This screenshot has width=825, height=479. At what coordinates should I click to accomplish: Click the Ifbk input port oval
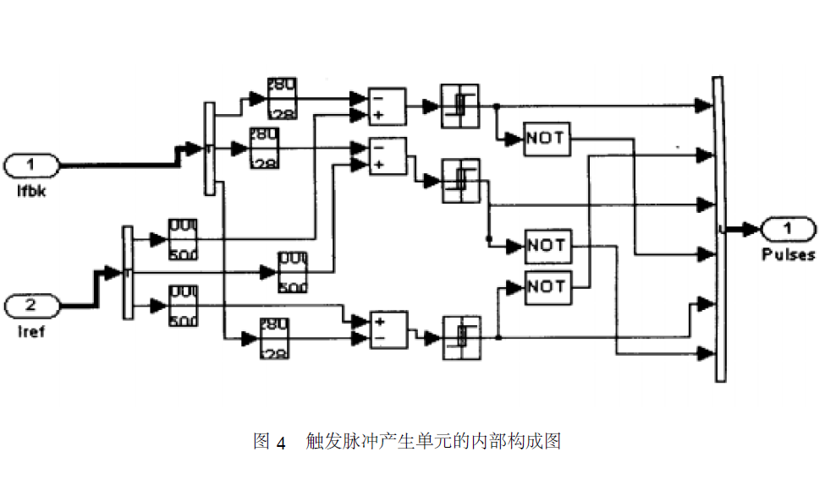coord(31,164)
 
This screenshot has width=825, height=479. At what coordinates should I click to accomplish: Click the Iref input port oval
coord(31,305)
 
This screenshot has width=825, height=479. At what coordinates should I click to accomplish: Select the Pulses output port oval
coord(788,227)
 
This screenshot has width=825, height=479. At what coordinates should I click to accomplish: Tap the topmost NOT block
coord(547,139)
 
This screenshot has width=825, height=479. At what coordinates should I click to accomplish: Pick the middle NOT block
coord(547,246)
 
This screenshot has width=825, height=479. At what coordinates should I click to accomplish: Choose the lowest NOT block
coord(547,287)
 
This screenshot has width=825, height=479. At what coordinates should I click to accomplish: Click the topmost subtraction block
coord(388,106)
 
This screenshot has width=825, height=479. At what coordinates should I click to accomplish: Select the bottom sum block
coord(388,329)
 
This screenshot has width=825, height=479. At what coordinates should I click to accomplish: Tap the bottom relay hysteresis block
coord(459,336)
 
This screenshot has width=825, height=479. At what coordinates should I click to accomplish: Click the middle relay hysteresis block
coord(459,180)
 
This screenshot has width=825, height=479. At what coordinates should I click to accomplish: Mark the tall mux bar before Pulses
coord(718,229)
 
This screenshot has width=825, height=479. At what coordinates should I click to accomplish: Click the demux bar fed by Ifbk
coord(210,149)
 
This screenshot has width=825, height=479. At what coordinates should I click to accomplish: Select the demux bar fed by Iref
coord(128,272)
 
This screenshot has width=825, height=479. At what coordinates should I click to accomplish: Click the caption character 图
coord(261,441)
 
